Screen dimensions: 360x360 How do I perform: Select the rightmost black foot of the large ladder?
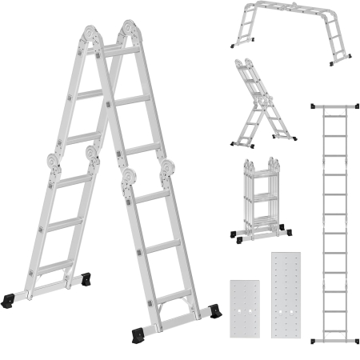(214, 311)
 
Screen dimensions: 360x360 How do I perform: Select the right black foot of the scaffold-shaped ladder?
(343, 56)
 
